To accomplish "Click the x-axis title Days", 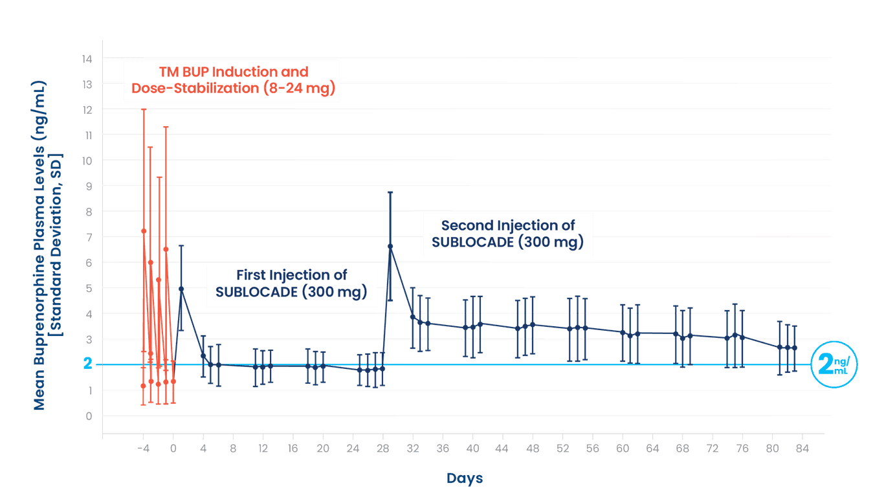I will pyautogui.click(x=464, y=479).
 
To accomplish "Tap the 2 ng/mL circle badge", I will pyautogui.click(x=834, y=364).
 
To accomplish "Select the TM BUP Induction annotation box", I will pyautogui.click(x=232, y=80).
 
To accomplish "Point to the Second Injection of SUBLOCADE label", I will pyautogui.click(x=507, y=234).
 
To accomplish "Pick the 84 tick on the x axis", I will pyautogui.click(x=802, y=448).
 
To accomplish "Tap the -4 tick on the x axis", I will pyautogui.click(x=142, y=448).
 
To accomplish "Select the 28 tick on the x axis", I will pyautogui.click(x=382, y=448).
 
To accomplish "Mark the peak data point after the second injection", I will pyautogui.click(x=390, y=246).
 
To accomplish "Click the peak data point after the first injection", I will pyautogui.click(x=181, y=289).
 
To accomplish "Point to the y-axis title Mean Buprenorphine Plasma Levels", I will pyautogui.click(x=39, y=246).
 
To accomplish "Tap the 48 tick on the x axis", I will pyautogui.click(x=533, y=448).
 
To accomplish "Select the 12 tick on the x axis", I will pyautogui.click(x=263, y=448).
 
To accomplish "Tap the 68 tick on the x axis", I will pyautogui.click(x=682, y=448).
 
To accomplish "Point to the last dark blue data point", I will pyautogui.click(x=795, y=348).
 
